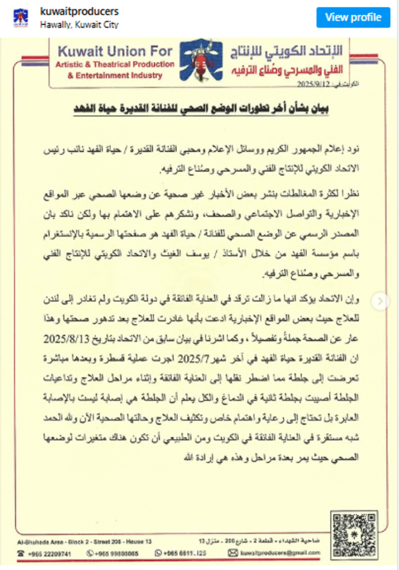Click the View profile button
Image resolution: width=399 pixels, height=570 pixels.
[x=353, y=17]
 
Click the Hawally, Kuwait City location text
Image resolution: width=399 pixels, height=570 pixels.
[x=79, y=24]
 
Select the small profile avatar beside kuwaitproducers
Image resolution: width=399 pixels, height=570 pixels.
[x=22, y=18]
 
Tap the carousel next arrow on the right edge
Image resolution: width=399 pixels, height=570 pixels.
[x=381, y=301]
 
